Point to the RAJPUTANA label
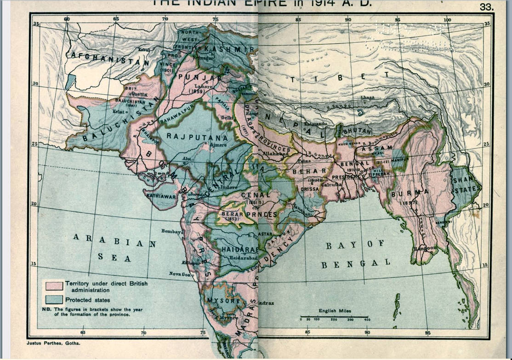pos(197,137)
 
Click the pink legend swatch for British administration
pos(54,286)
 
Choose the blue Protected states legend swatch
pos(54,300)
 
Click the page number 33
pos(486,7)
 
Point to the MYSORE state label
pos(223,300)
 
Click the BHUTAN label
pos(357,131)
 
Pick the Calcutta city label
pos(333,184)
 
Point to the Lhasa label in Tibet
pos(368,97)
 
